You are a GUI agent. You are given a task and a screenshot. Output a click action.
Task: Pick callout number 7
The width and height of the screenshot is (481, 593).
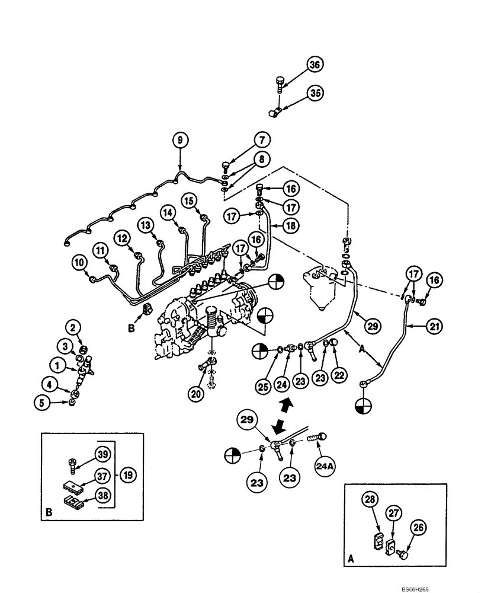[x=263, y=141]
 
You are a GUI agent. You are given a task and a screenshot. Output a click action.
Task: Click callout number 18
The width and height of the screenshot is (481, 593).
[x=291, y=226]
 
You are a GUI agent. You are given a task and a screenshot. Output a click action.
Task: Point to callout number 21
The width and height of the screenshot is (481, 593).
[x=434, y=326]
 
